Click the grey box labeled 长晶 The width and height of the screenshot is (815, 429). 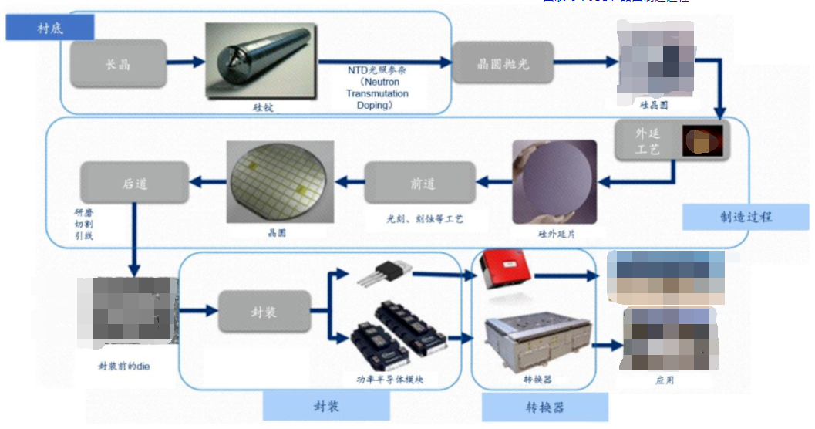click(x=119, y=63)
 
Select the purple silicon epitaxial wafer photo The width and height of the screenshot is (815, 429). click(x=554, y=182)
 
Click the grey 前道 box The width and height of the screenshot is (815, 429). click(x=423, y=183)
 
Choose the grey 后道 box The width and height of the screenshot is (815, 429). click(x=134, y=183)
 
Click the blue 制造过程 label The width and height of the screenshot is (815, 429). click(x=737, y=218)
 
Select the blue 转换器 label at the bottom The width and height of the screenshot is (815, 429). click(x=544, y=407)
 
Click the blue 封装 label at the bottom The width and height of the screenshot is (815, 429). click(x=326, y=406)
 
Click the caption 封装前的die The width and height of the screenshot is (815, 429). click(x=125, y=366)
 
